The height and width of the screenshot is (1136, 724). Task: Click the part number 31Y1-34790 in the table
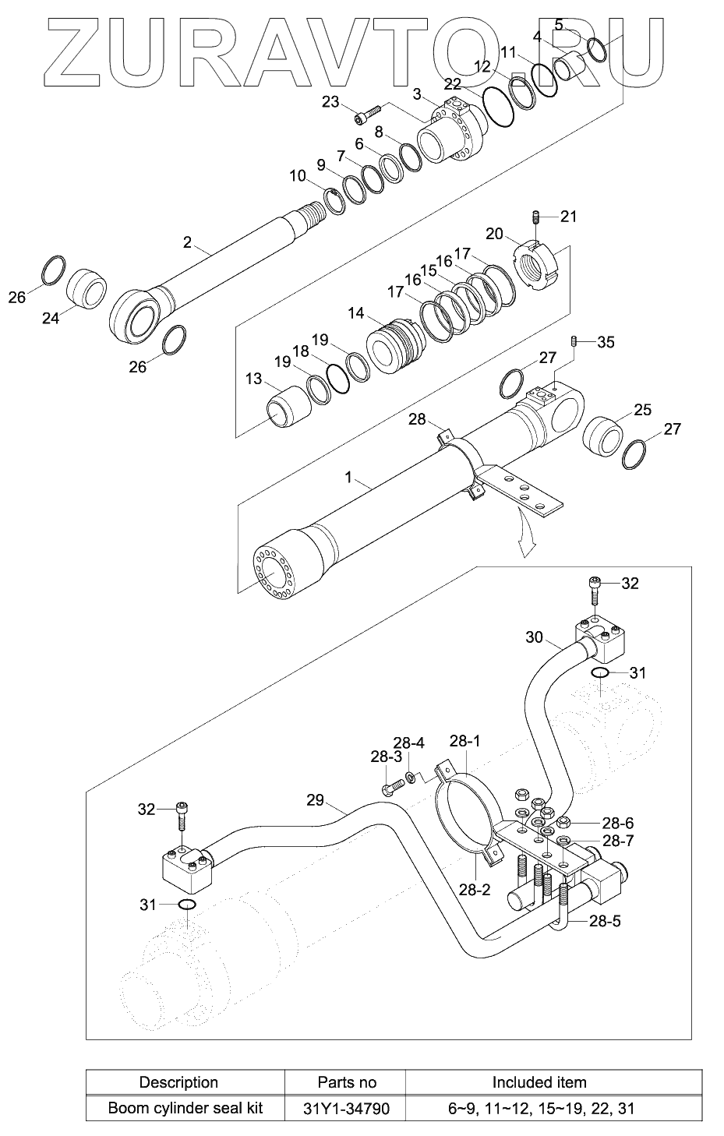click(347, 1108)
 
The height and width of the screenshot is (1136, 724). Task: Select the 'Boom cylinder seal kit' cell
click(185, 1108)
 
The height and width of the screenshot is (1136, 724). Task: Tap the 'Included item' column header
click(539, 1081)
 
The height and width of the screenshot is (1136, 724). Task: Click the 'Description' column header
click(178, 1081)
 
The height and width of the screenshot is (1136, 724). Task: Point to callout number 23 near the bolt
click(330, 102)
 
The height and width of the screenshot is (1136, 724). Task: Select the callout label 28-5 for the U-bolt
click(605, 920)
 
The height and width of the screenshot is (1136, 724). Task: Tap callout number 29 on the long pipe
click(315, 799)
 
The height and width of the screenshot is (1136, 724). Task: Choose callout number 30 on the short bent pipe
click(534, 637)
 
